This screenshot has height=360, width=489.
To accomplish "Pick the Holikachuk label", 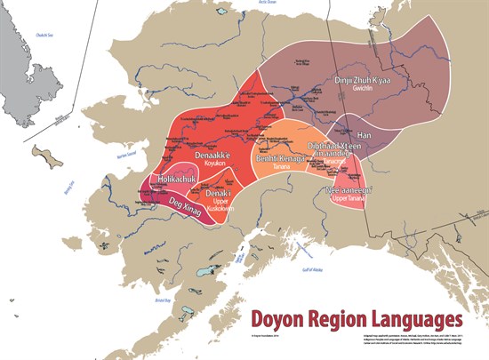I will coord(167,180).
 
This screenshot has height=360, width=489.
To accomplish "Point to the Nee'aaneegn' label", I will coord(349,189).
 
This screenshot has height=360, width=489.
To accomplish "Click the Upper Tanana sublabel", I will coord(349,199).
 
